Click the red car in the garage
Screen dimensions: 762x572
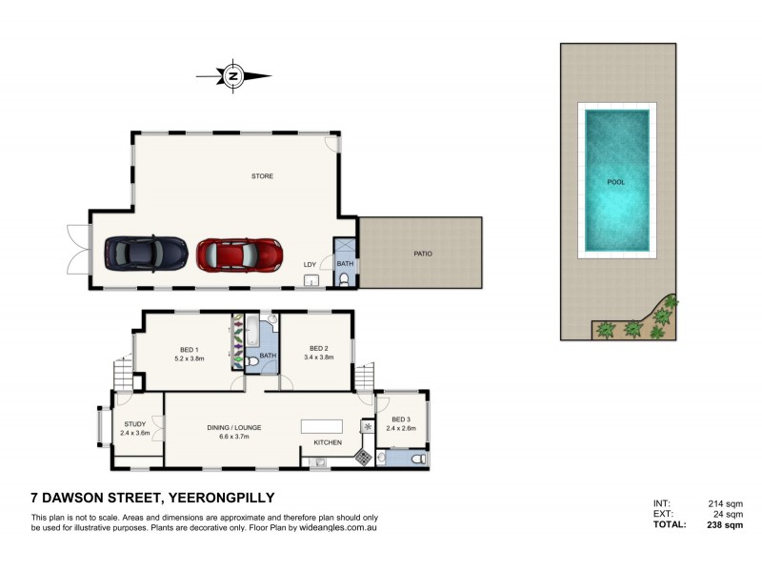coord(240,255)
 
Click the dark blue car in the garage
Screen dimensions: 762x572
coord(147,254)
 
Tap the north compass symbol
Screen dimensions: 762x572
coord(233,76)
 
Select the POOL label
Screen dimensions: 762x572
coord(616,182)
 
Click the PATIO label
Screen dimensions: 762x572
coord(423,254)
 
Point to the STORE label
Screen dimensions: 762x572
coord(263,176)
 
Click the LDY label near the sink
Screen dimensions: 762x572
coord(311,265)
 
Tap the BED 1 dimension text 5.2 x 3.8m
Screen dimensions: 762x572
coord(190,358)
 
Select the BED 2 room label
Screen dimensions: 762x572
coord(319,348)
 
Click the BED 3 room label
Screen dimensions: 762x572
coord(401,419)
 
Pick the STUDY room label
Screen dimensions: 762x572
coord(135,424)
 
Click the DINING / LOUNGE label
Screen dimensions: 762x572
coord(234,427)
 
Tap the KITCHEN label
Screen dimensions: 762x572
coord(328,442)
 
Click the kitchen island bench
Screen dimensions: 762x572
coord(322,426)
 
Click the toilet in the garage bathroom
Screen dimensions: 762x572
coord(344,279)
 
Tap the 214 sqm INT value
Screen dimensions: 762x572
coord(726,504)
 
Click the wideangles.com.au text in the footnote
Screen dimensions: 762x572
coord(338,528)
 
